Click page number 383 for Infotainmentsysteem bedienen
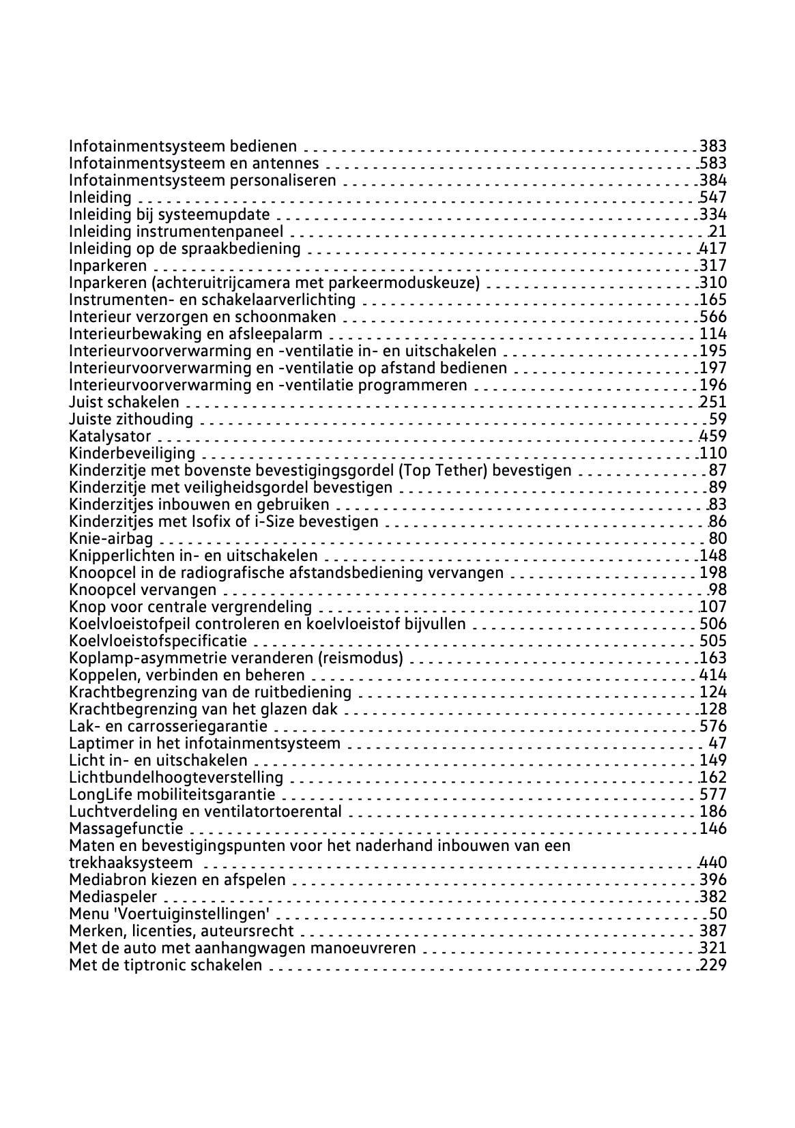(x=713, y=146)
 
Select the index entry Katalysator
(x=110, y=436)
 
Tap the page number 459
(x=713, y=436)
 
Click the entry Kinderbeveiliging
(x=132, y=453)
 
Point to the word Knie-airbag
(x=111, y=538)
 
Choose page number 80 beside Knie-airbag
(x=718, y=538)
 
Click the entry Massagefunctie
(x=126, y=828)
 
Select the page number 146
(x=713, y=828)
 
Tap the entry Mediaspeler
(x=113, y=897)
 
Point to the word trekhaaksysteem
(x=131, y=863)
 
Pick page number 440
(x=713, y=863)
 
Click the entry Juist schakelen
(x=124, y=402)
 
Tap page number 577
(x=713, y=794)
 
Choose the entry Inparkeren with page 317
(x=108, y=265)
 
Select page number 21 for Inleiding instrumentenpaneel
(x=718, y=231)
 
